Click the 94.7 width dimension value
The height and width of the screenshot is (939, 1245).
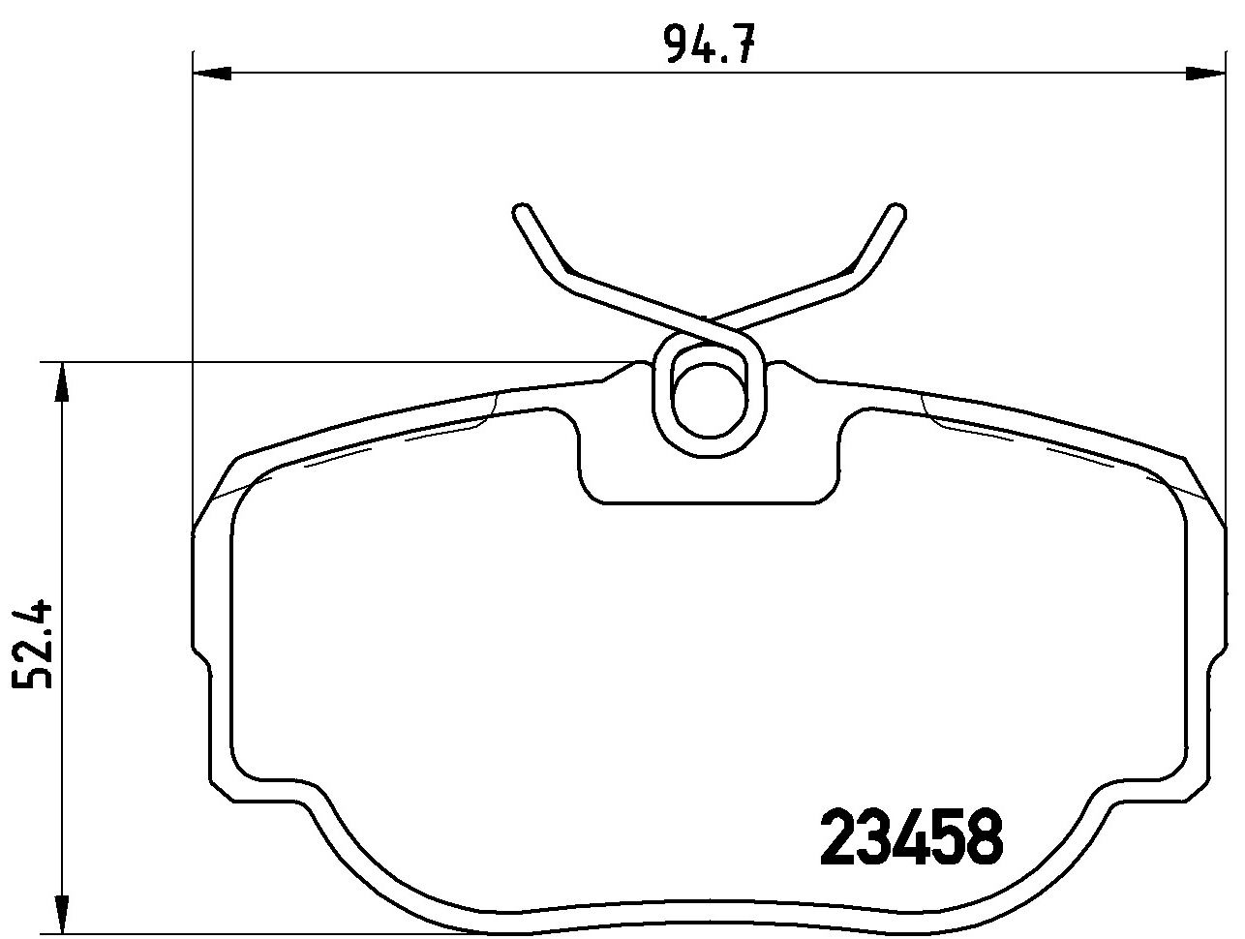[x=712, y=45]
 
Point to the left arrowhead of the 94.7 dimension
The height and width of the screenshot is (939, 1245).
[x=212, y=74]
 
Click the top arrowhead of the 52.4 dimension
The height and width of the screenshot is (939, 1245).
[x=62, y=381]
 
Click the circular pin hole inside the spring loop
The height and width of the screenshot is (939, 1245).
[x=709, y=402]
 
